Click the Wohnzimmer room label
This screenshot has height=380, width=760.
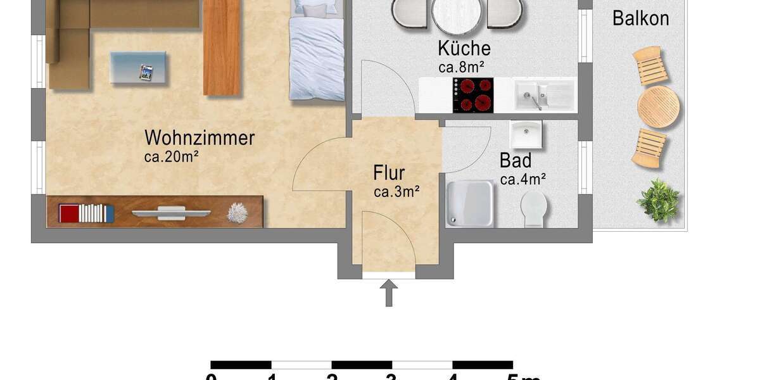(199, 137)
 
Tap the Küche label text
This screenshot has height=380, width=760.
(464, 48)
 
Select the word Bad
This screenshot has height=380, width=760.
(515, 160)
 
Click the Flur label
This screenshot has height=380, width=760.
(389, 172)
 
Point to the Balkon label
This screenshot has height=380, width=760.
(640, 18)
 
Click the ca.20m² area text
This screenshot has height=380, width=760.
(172, 157)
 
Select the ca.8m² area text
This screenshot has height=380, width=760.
(465, 66)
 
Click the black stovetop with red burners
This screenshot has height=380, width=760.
(472, 95)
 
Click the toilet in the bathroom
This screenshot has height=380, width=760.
(534, 207)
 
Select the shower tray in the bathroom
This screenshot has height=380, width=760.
(469, 203)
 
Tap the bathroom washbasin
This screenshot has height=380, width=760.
(526, 134)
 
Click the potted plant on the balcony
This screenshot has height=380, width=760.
(659, 201)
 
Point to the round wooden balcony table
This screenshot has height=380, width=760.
(658, 107)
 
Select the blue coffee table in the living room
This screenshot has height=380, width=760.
(138, 68)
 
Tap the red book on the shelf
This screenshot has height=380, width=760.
(68, 213)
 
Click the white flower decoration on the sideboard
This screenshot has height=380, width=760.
(237, 213)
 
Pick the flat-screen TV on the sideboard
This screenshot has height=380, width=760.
(171, 213)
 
